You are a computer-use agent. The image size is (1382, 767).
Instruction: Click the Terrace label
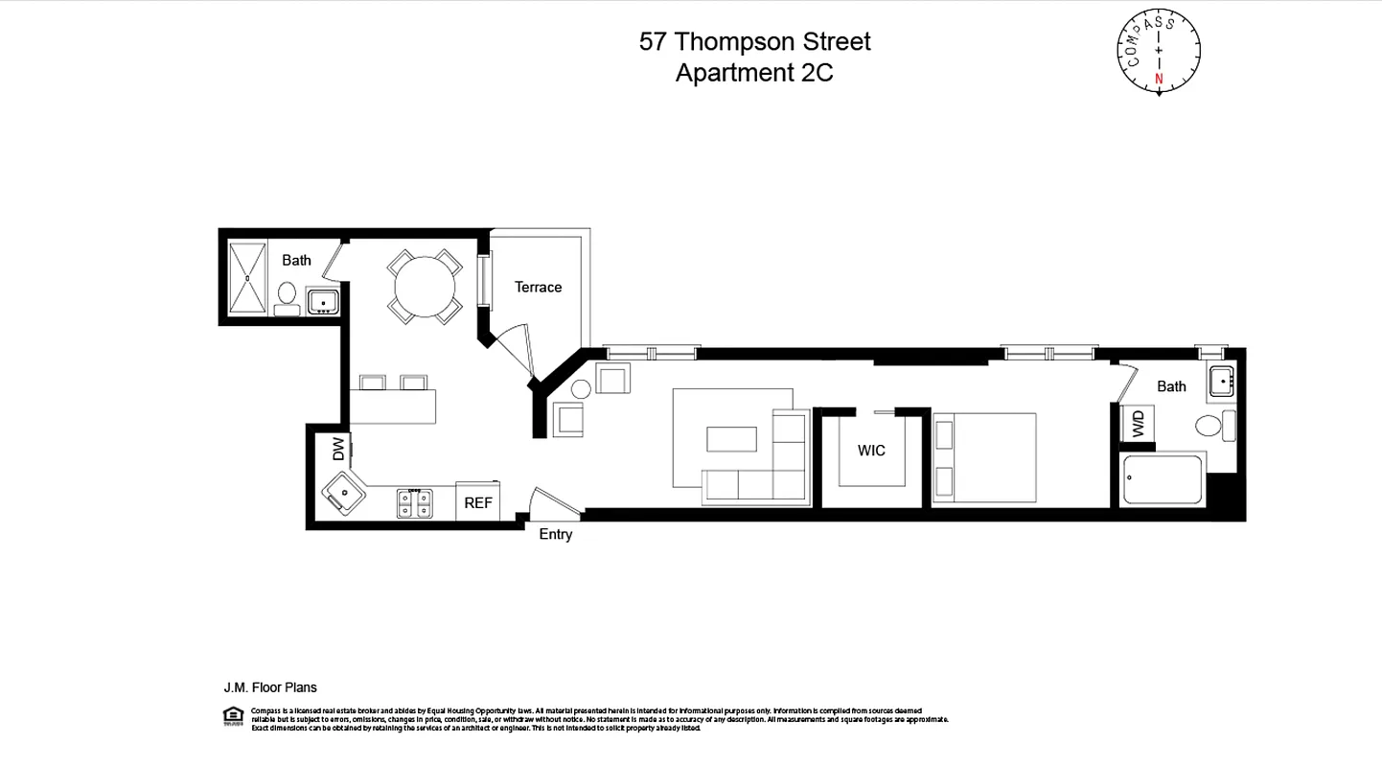pyautogui.click(x=538, y=287)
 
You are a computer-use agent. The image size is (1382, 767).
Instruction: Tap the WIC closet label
pyautogui.click(x=871, y=450)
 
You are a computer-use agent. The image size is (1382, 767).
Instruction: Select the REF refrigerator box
pyautogui.click(x=478, y=501)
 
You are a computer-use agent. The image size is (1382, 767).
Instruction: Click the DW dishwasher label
pyautogui.click(x=338, y=449)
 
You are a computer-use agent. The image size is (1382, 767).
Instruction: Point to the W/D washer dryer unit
pyautogui.click(x=1138, y=423)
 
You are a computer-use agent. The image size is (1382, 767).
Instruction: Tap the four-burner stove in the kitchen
pyautogui.click(x=414, y=503)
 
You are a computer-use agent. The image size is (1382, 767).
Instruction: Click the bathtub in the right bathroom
pyautogui.click(x=1162, y=480)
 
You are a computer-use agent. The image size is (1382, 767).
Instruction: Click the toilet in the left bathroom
pyautogui.click(x=287, y=295)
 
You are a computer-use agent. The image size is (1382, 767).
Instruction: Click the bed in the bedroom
pyautogui.click(x=985, y=457)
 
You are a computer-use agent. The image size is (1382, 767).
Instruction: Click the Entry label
pyautogui.click(x=555, y=534)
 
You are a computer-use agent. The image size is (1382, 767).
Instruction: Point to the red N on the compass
pyautogui.click(x=1159, y=79)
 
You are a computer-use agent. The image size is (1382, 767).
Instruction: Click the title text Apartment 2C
pyautogui.click(x=754, y=73)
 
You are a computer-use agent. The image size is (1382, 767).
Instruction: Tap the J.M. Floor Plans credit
pyautogui.click(x=270, y=687)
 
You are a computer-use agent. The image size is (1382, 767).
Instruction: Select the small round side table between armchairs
pyautogui.click(x=580, y=389)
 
